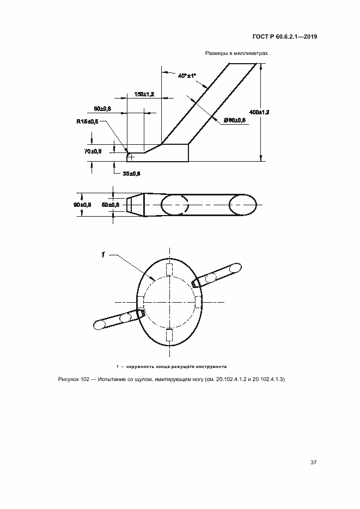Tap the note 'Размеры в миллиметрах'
coord(236,54)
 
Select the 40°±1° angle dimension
coord(187,76)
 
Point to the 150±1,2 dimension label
coord(144,94)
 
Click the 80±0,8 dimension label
coord(102,109)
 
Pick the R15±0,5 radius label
coord(87,121)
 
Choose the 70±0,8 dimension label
coord(93,151)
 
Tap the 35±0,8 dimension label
coord(131,173)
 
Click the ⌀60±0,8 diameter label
coord(235,119)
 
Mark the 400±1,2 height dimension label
coord(270,112)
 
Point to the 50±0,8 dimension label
coord(111,205)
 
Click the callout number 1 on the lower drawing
coord(102,254)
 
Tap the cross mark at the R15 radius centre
coord(131,157)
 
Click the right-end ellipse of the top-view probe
coord(242,205)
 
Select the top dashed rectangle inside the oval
coord(169,271)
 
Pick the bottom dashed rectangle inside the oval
coord(169,335)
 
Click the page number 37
coord(313,463)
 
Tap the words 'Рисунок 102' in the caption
coord(73,379)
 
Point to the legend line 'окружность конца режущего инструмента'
coord(175,366)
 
